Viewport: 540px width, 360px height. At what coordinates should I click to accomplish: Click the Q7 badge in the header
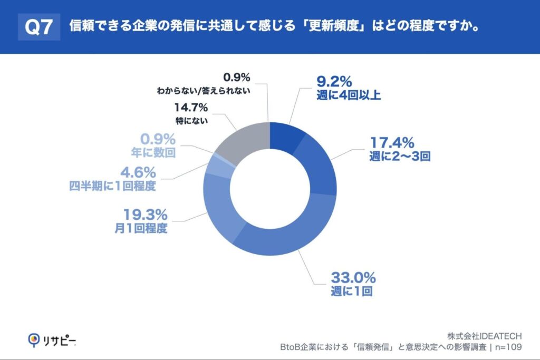[39, 27]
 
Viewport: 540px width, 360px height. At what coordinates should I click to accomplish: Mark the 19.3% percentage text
[145, 215]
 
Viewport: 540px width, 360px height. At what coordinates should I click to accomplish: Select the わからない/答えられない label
[204, 90]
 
